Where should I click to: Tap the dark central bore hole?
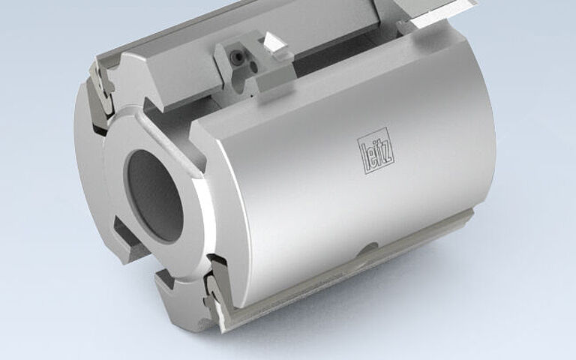(154, 193)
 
